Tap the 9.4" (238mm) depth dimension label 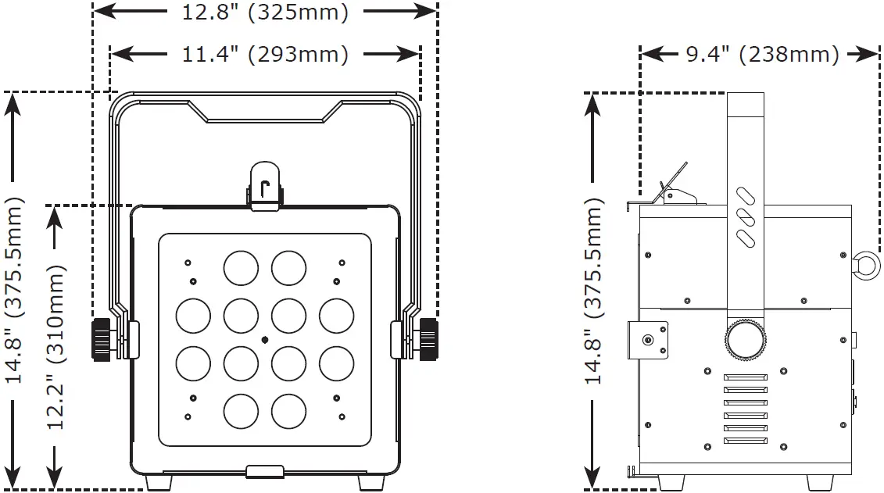click(761, 54)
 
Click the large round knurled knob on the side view click(746, 338)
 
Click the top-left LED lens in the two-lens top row click(241, 268)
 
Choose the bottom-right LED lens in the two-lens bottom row click(288, 410)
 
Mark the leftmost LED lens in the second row click(192, 316)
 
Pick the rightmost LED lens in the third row click(336, 363)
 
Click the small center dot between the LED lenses click(265, 340)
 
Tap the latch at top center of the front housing click(265, 188)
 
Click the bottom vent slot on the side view click(746, 441)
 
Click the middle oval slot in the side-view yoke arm click(746, 216)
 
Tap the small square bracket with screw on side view click(650, 338)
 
